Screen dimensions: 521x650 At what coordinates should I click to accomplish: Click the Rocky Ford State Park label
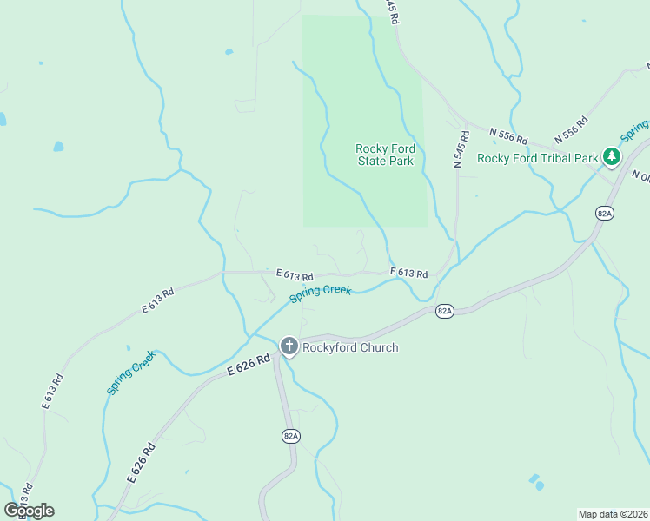pyautogui.click(x=385, y=155)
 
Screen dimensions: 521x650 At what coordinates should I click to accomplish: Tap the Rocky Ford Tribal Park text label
pyautogui.click(x=538, y=158)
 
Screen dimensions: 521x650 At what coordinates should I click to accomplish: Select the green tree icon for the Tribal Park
pyautogui.click(x=613, y=156)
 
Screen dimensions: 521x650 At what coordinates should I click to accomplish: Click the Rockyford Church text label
pyautogui.click(x=350, y=347)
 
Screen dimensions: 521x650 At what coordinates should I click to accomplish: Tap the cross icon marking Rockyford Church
pyautogui.click(x=289, y=346)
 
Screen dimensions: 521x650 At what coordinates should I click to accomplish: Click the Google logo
pyautogui.click(x=29, y=511)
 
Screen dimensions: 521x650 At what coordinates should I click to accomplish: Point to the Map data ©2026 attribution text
pyautogui.click(x=614, y=513)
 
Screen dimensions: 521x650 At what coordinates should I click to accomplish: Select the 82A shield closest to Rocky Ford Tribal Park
pyautogui.click(x=605, y=212)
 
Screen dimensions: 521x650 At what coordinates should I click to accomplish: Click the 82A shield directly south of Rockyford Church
pyautogui.click(x=290, y=436)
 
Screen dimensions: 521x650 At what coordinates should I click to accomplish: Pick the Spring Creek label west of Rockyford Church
pyautogui.click(x=131, y=373)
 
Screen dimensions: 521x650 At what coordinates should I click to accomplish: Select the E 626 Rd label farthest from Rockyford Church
pyautogui.click(x=141, y=463)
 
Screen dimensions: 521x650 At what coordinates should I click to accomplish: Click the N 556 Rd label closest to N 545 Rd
pyautogui.click(x=508, y=135)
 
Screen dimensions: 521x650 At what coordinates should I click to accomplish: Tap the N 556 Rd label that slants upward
pyautogui.click(x=569, y=127)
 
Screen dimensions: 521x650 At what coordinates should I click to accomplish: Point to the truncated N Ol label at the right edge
pyautogui.click(x=640, y=176)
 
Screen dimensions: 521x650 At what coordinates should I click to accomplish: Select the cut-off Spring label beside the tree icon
pyautogui.click(x=634, y=131)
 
